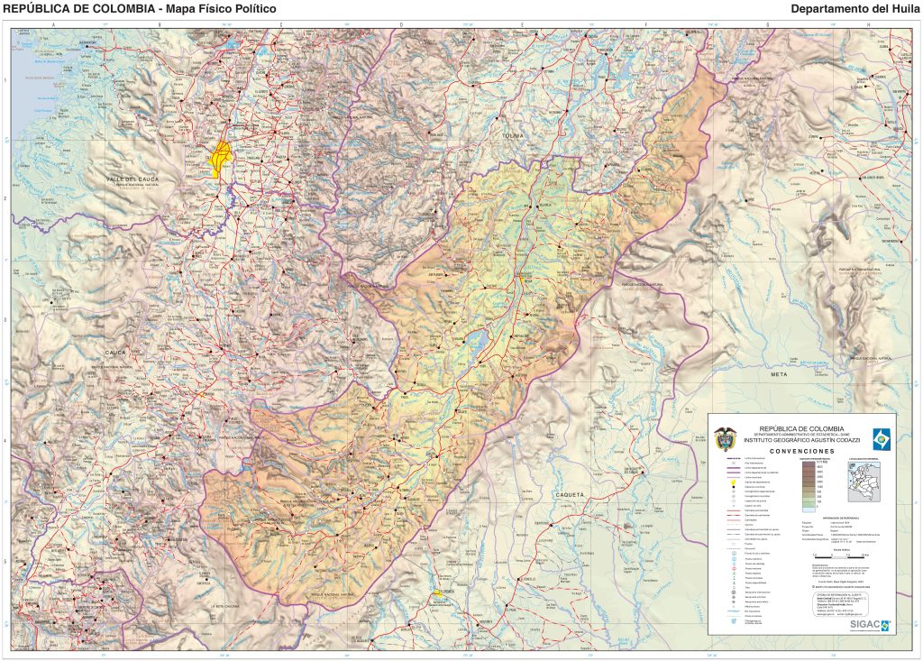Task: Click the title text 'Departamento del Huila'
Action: [x=854, y=9]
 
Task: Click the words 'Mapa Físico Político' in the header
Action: [x=220, y=9]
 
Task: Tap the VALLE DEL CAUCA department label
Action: [x=132, y=179]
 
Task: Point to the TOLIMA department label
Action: [x=512, y=135]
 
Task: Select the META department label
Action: [x=779, y=372]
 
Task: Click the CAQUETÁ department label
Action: [x=570, y=494]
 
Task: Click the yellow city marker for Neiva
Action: [x=521, y=279]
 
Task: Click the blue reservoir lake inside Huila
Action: [x=476, y=341]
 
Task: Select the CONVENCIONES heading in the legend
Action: [x=802, y=450]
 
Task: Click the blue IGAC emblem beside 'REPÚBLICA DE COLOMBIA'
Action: [x=881, y=438]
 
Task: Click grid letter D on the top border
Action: [x=401, y=23]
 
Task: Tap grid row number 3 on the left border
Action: [x=6, y=319]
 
